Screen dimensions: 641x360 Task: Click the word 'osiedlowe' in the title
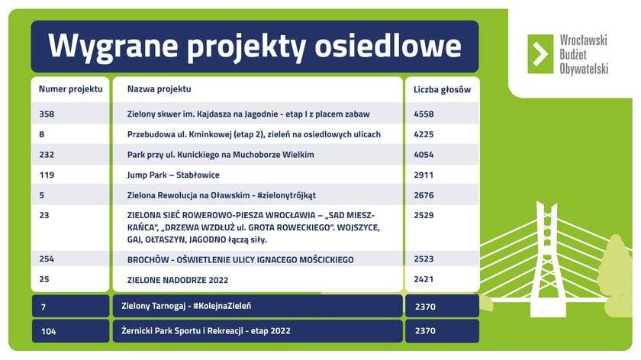tap(388, 45)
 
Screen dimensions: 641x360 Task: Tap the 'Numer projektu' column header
tap(71, 89)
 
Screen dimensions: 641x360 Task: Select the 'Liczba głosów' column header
tap(442, 89)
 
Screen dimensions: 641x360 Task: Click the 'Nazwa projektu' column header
tap(159, 88)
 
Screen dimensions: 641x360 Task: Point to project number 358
tap(47, 114)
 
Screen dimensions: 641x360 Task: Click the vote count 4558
tap(424, 114)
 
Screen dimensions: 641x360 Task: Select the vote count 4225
tap(424, 134)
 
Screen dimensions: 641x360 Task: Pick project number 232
tap(47, 155)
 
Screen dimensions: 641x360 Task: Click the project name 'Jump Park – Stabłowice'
tap(173, 175)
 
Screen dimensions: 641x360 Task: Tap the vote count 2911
tap(424, 175)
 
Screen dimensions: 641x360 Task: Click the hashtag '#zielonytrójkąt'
tap(287, 195)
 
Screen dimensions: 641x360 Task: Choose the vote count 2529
tap(424, 215)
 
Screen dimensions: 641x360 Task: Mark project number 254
tap(47, 259)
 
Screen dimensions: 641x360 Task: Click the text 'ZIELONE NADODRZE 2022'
tap(178, 281)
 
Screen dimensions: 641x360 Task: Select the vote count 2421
tap(424, 279)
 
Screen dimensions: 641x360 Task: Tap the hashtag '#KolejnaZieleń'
tap(222, 306)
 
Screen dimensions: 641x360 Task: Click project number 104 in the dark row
tap(48, 331)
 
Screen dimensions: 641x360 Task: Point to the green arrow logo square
tap(540, 54)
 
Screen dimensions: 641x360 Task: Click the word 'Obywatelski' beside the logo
tap(584, 69)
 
